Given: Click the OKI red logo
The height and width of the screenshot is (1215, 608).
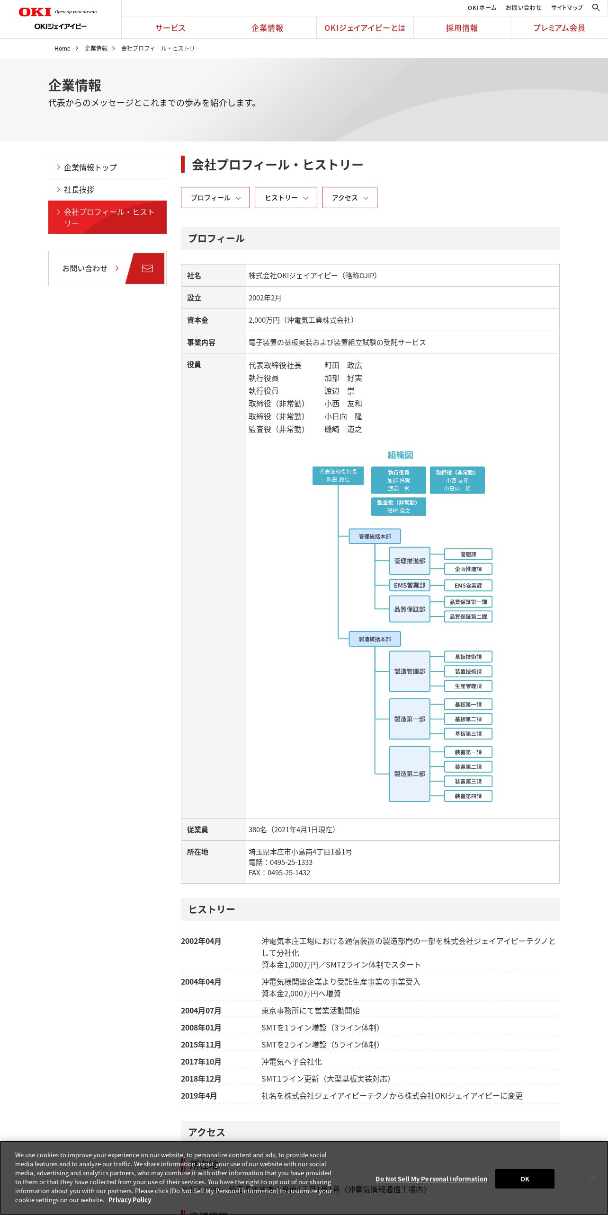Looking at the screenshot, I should [x=35, y=12].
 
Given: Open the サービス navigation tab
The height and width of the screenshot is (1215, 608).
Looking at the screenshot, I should [x=170, y=28].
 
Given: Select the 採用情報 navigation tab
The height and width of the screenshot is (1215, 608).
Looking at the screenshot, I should [x=462, y=28].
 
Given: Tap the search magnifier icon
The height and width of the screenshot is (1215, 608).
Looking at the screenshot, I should [x=596, y=8].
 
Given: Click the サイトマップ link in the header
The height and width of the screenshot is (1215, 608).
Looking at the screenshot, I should [x=566, y=8].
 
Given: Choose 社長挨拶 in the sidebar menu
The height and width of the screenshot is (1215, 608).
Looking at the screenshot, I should [x=79, y=190].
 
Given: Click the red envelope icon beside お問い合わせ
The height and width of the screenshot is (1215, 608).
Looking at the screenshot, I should [x=147, y=268].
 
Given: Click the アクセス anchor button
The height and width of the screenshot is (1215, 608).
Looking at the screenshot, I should [x=349, y=198].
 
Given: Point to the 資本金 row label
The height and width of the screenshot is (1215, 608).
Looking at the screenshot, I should [x=197, y=320].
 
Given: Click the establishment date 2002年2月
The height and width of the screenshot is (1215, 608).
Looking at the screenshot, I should [x=265, y=298].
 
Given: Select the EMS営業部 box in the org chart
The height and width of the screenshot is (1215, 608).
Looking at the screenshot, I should [x=410, y=585].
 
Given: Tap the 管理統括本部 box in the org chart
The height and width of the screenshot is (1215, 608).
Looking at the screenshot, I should [x=375, y=537].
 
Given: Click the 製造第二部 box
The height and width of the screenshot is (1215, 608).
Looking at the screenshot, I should [x=410, y=774].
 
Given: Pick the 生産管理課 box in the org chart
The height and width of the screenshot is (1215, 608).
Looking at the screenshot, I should [x=468, y=686].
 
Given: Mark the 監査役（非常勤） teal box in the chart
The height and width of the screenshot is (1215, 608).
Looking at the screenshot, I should [x=398, y=506].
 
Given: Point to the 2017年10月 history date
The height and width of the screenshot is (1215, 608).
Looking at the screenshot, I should [x=201, y=1062].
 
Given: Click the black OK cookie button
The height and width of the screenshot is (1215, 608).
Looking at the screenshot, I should [x=524, y=1179].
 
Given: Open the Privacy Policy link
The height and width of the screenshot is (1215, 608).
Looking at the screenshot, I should [x=129, y=1200].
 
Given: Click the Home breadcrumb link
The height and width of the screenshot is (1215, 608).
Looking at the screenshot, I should [x=62, y=49].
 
